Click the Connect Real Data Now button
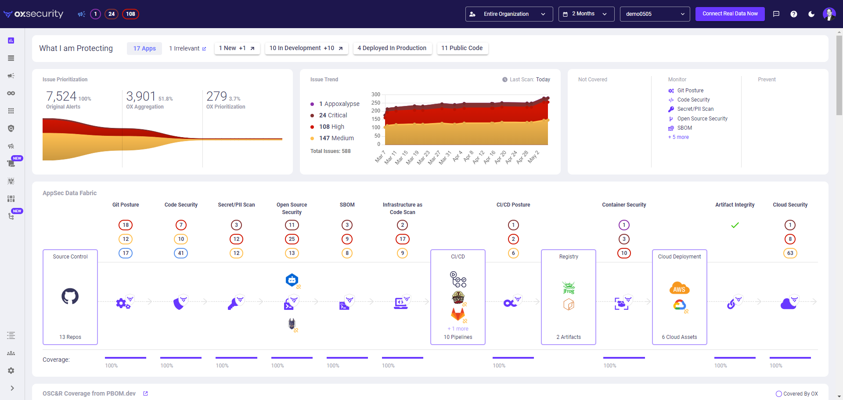pyautogui.click(x=730, y=14)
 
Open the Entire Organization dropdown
pyautogui.click(x=509, y=14)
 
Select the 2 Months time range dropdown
pyautogui.click(x=586, y=14)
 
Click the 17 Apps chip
pyautogui.click(x=144, y=48)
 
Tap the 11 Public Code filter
pyautogui.click(x=462, y=48)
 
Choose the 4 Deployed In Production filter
pyautogui.click(x=392, y=48)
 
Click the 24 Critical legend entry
pyautogui.click(x=333, y=115)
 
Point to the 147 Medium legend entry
pyautogui.click(x=336, y=138)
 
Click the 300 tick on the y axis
pyautogui.click(x=375, y=95)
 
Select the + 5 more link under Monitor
pyautogui.click(x=678, y=137)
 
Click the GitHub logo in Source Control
pyautogui.click(x=70, y=296)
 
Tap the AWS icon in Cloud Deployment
pyautogui.click(x=679, y=288)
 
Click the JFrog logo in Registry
pyautogui.click(x=569, y=288)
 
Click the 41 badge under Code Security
pyautogui.click(x=181, y=253)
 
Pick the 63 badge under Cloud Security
pyautogui.click(x=790, y=253)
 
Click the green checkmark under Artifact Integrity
pyautogui.click(x=735, y=225)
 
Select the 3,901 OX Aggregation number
pyautogui.click(x=141, y=96)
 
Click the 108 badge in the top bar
pyautogui.click(x=130, y=14)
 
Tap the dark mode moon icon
pyautogui.click(x=811, y=14)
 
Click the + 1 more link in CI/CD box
pyautogui.click(x=458, y=329)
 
